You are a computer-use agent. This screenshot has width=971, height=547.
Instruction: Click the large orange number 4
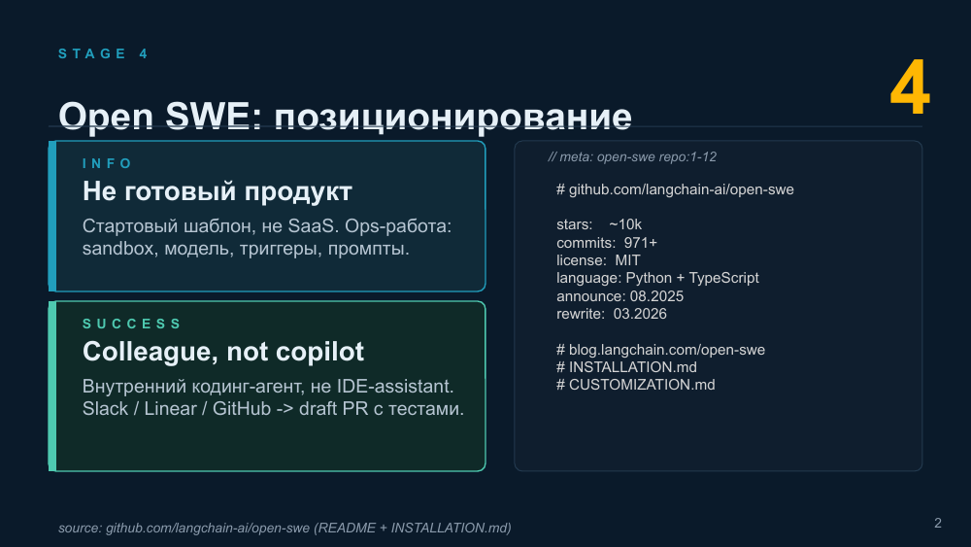[x=910, y=87]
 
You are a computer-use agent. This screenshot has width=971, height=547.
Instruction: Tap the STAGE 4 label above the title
[x=104, y=53]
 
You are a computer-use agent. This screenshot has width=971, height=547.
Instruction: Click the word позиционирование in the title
[x=452, y=117]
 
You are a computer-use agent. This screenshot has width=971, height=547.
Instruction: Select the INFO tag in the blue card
[x=108, y=163]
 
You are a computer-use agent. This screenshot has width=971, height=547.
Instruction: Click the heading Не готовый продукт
[x=218, y=191]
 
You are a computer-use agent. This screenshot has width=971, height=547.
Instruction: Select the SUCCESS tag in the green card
[x=132, y=324]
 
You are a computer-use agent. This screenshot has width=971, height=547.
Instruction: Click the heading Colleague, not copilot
[x=223, y=352]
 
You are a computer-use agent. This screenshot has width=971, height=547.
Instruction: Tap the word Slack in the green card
[x=105, y=409]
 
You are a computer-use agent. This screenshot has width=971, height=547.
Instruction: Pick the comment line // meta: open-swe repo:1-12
[x=632, y=157]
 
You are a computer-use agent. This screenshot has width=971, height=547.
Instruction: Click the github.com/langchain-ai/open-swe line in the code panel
[x=675, y=189]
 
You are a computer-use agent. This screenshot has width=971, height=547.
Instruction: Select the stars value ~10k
[x=625, y=224]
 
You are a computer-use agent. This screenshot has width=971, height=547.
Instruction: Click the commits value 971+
[x=641, y=243]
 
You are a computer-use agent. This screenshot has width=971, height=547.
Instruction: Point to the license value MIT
[x=628, y=260]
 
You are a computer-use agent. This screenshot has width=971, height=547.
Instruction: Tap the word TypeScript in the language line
[x=724, y=278]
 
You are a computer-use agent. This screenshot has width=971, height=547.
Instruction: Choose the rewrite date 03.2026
[x=640, y=314]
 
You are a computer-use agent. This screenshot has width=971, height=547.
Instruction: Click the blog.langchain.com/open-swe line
[x=660, y=350]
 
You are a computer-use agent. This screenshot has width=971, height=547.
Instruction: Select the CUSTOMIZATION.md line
[x=635, y=385]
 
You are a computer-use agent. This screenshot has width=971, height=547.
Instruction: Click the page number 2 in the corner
[x=938, y=524]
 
